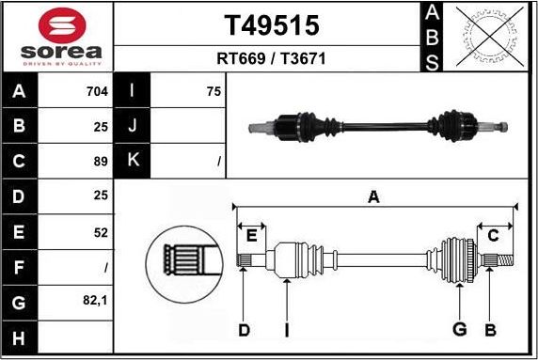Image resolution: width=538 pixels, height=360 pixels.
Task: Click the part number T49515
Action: coord(270,24)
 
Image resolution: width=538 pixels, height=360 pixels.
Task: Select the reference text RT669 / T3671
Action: coord(270,58)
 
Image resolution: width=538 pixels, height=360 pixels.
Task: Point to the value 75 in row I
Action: coord(214,92)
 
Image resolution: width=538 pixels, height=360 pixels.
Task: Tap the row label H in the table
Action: coord(20,337)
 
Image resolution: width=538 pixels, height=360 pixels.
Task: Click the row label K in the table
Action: coord(133,161)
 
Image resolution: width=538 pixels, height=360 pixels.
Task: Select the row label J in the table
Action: coord(133,126)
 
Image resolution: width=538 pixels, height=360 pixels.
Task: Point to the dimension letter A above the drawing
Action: coord(373,196)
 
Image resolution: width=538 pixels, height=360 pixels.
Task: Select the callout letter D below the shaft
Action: coord(244,330)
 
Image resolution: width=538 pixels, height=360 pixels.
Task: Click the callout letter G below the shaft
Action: coord(459,330)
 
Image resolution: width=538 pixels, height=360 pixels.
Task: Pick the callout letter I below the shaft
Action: coord(286,330)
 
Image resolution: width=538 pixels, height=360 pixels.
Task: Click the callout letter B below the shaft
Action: coord(490,330)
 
